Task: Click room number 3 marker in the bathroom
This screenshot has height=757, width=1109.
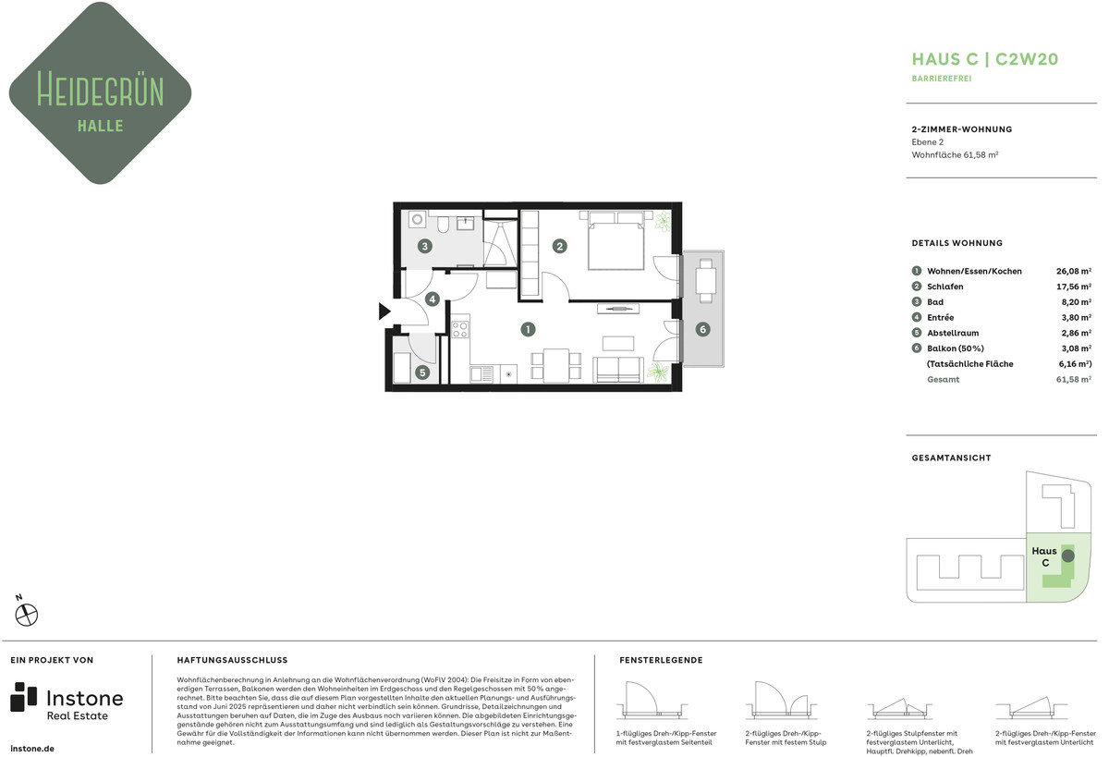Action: point(425,246)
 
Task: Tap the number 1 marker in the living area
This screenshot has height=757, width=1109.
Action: point(528,329)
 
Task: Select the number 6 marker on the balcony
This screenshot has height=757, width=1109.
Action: point(702,329)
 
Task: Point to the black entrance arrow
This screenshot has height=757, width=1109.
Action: point(384,311)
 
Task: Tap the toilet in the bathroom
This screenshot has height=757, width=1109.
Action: point(443,225)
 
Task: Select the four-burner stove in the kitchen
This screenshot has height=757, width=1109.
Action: point(460,330)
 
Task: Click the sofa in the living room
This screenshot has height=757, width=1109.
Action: point(618,370)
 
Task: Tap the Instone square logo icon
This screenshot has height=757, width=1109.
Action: point(24,697)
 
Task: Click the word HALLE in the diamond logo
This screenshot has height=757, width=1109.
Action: point(101,126)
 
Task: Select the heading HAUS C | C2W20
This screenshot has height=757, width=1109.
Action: point(985,59)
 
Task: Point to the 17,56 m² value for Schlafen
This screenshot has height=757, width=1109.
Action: point(1073,287)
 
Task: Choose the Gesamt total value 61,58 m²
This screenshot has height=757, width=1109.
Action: point(1073,379)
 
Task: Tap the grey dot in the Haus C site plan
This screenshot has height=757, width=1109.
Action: point(1068,556)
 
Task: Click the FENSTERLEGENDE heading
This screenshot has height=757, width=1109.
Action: point(661,660)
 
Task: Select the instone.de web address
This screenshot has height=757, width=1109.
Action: point(32,749)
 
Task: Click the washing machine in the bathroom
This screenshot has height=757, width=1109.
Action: point(418,219)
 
